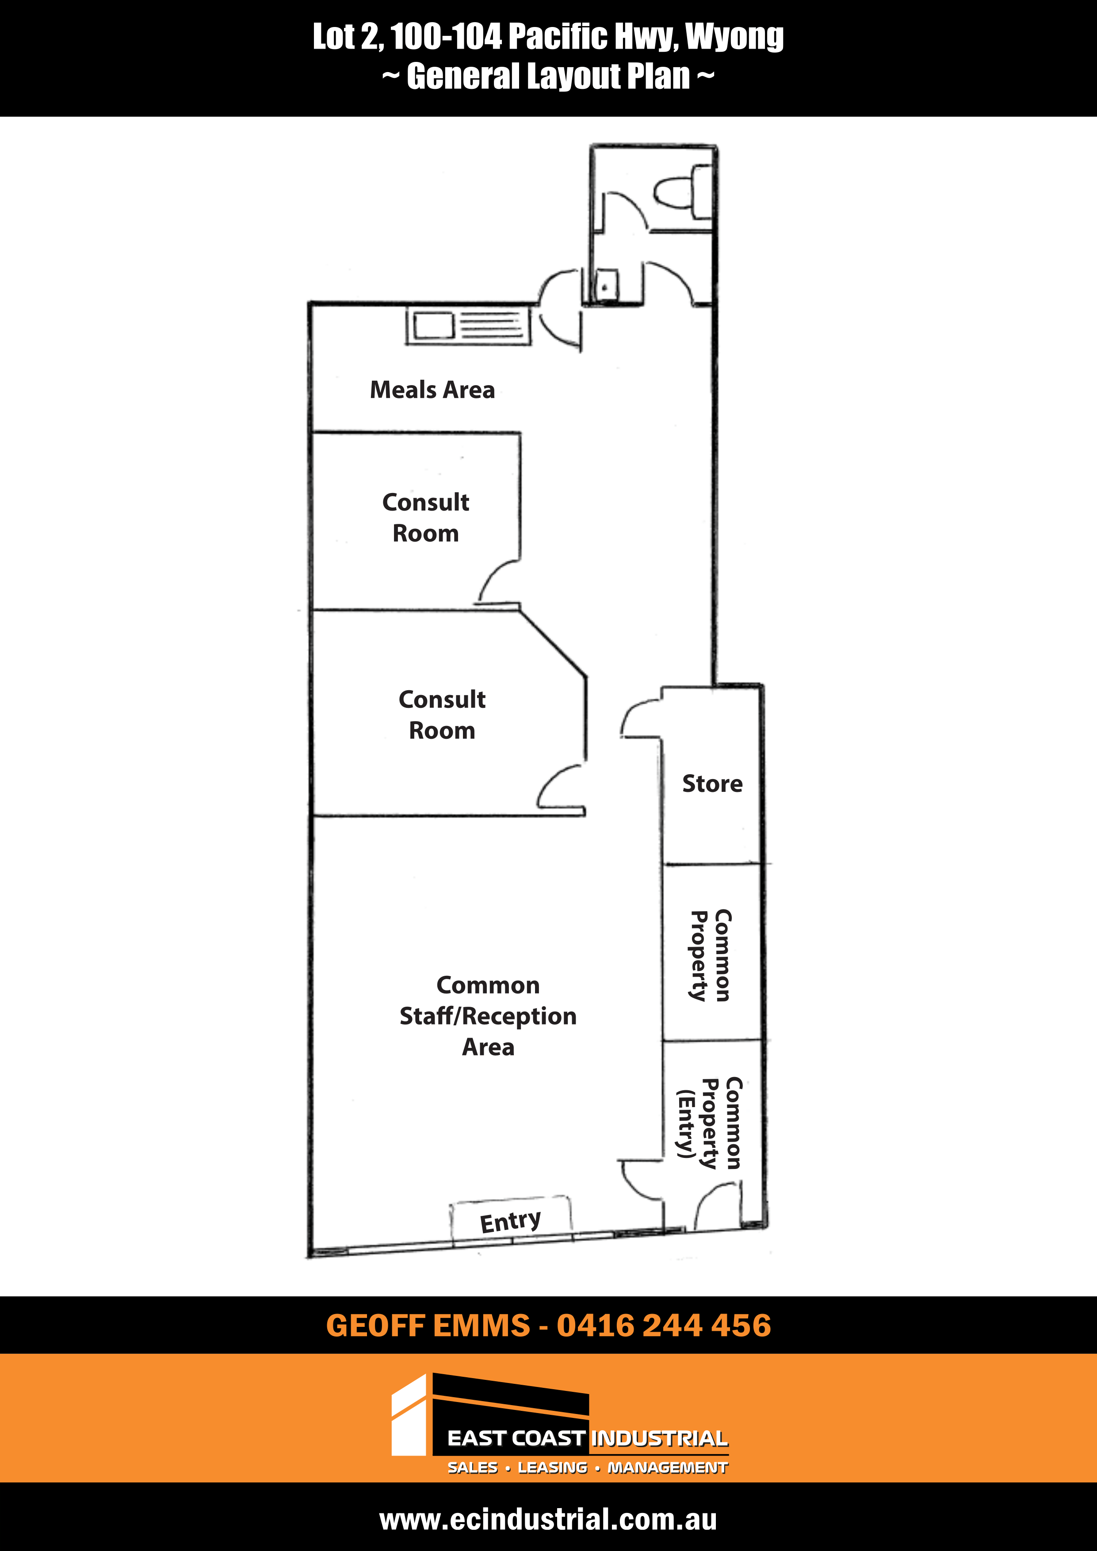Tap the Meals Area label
pyautogui.click(x=432, y=390)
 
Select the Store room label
pyautogui.click(x=712, y=783)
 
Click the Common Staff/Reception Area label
pyautogui.click(x=488, y=1016)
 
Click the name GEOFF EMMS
pyautogui.click(x=428, y=1326)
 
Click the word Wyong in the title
pyautogui.click(x=734, y=37)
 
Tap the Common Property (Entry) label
pyautogui.click(x=710, y=1123)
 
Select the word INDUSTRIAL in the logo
pyautogui.click(x=660, y=1438)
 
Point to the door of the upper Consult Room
pyautogui.click(x=498, y=582)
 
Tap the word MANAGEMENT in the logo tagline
pyautogui.click(x=667, y=1467)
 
